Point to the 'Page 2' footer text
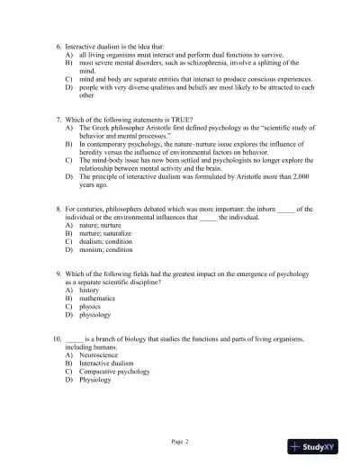(x=180, y=442)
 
